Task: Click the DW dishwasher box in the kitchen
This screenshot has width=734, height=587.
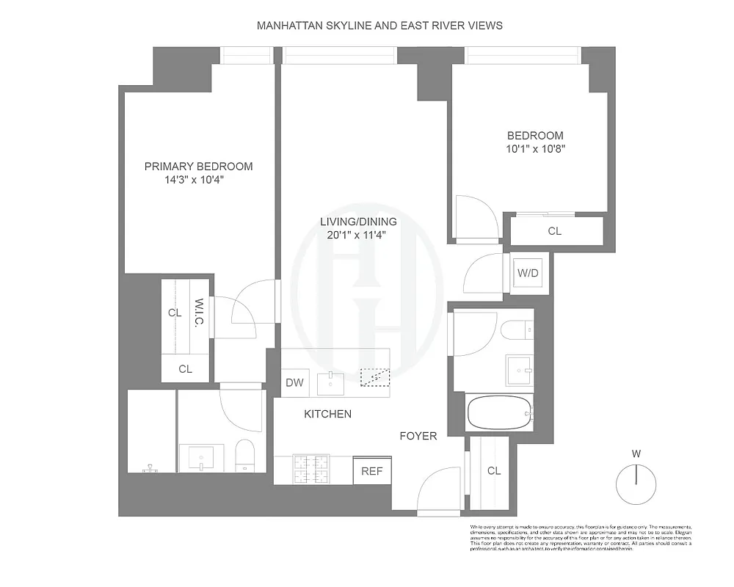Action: coord(294,382)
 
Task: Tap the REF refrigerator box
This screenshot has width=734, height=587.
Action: coord(371,471)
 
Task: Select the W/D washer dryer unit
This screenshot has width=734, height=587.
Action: coord(528,274)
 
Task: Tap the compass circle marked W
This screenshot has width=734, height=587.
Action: coord(636,484)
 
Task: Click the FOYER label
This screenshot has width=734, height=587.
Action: coord(418,436)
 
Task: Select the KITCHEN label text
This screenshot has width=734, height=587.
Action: coord(327,414)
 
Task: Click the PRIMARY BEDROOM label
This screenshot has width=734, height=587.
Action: coord(198,167)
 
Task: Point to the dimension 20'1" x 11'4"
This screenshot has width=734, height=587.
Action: coord(358,235)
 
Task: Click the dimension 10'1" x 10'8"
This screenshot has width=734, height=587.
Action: coord(536,148)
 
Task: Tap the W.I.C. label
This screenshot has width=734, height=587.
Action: coord(199,314)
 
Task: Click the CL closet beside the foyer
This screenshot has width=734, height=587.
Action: coord(494,470)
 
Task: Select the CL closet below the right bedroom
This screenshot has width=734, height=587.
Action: coord(555,231)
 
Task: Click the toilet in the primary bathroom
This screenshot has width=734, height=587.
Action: coord(244,455)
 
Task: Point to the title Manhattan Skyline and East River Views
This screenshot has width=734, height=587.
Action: coord(379,25)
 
